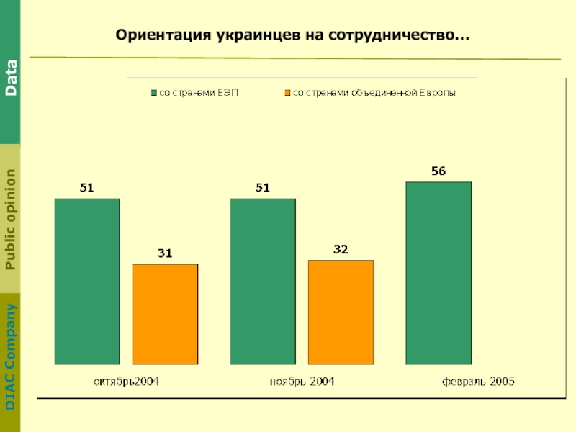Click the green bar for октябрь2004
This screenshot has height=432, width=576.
87,281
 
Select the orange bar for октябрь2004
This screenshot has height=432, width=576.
165,314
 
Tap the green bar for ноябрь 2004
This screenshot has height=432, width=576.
263,281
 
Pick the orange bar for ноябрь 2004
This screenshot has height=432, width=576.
341,312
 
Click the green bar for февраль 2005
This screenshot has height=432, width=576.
438,273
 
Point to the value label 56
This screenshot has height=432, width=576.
438,171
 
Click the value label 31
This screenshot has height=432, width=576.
165,253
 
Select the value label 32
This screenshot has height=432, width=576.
341,249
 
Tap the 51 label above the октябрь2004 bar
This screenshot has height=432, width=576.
87,188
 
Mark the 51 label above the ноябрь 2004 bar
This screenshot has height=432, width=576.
263,188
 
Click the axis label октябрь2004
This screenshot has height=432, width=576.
127,382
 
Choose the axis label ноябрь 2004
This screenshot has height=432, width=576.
302,382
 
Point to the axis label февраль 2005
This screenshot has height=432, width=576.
478,382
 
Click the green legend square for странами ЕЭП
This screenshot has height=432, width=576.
153,93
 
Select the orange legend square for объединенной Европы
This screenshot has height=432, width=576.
287,93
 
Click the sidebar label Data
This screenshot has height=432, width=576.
12,78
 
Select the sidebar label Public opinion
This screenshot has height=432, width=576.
12,219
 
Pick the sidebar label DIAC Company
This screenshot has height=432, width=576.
12,357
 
